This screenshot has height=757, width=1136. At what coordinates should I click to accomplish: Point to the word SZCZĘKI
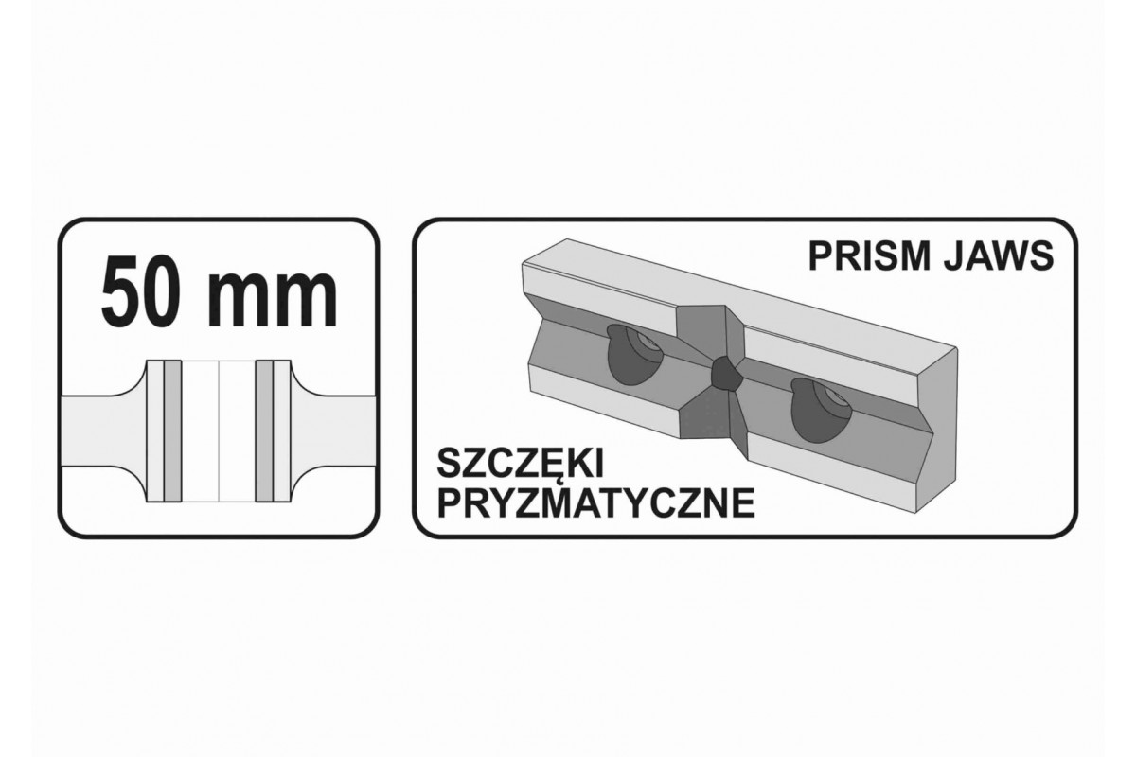[x=520, y=464]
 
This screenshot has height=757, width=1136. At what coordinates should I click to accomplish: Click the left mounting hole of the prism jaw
[x=634, y=361]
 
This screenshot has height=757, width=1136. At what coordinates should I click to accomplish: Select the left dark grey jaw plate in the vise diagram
[x=172, y=431]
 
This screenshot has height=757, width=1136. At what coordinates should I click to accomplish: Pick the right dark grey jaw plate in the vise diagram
[x=264, y=431]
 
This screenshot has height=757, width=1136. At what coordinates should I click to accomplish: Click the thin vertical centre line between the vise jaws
[x=219, y=431]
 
